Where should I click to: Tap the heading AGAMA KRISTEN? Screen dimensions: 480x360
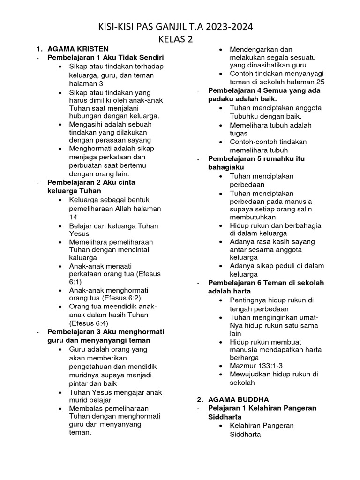tap(78, 49)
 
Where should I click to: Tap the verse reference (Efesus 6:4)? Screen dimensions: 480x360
tap(89, 323)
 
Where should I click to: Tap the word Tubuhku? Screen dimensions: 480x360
tap(245, 116)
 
